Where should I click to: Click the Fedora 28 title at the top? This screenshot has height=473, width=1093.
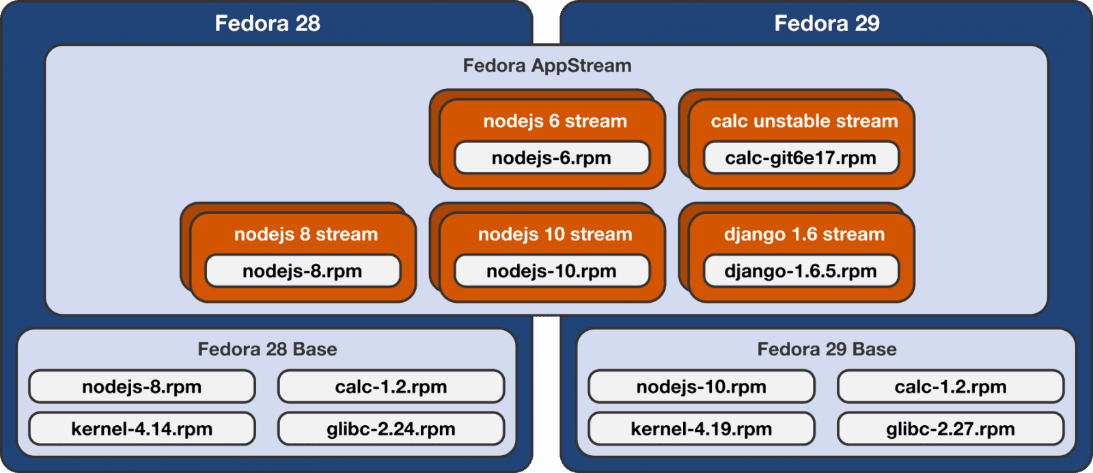coord(267,23)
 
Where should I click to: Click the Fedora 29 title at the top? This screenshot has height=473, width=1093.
coord(827,23)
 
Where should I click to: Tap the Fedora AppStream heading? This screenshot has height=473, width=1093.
coord(546,66)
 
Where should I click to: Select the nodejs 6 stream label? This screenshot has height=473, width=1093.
coord(555,121)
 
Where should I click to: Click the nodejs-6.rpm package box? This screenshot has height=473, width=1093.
coord(551,158)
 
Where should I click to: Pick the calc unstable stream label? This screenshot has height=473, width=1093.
coord(804,121)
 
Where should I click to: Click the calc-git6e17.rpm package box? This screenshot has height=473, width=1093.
coord(801,158)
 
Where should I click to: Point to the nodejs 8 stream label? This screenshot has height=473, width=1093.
coord(305,234)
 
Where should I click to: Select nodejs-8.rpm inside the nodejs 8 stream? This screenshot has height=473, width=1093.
coord(302,271)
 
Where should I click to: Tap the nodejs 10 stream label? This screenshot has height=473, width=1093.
coord(555,234)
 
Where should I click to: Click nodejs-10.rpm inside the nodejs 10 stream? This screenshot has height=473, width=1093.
coord(551,271)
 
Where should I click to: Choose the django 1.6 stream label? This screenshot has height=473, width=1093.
coord(804,234)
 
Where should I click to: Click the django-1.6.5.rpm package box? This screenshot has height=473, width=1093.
coord(801,271)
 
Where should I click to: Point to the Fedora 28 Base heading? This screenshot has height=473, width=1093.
coord(267,349)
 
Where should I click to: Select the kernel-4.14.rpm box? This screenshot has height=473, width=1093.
coord(141,429)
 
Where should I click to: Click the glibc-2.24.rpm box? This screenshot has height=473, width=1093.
coord(391,429)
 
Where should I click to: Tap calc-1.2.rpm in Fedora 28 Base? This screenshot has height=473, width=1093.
coord(391,387)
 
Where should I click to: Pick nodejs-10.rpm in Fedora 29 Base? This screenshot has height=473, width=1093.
coord(701,387)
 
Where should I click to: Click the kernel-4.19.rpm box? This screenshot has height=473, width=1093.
coord(701,429)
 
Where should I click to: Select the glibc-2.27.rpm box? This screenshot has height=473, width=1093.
coord(950,429)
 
